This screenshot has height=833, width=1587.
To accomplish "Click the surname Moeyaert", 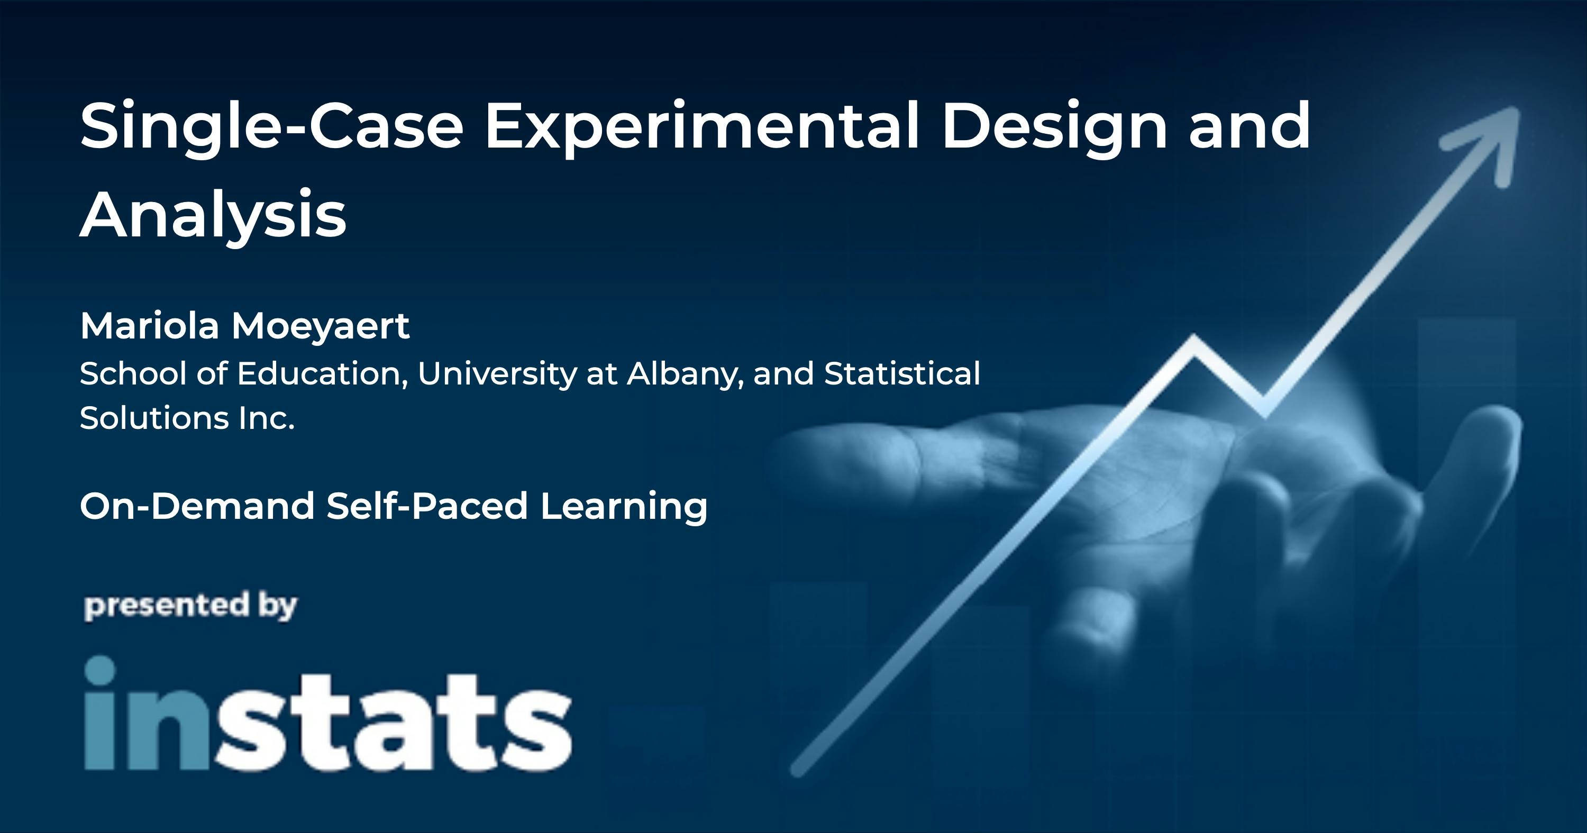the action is click(x=321, y=326).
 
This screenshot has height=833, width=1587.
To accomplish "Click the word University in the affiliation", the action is click(x=497, y=374).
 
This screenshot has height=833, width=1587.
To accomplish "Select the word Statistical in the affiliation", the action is click(x=902, y=373).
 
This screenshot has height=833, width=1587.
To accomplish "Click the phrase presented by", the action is click(x=190, y=606).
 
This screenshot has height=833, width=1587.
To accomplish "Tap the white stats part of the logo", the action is click(x=394, y=721).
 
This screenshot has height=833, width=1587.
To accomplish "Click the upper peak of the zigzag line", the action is click(x=1194, y=339).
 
